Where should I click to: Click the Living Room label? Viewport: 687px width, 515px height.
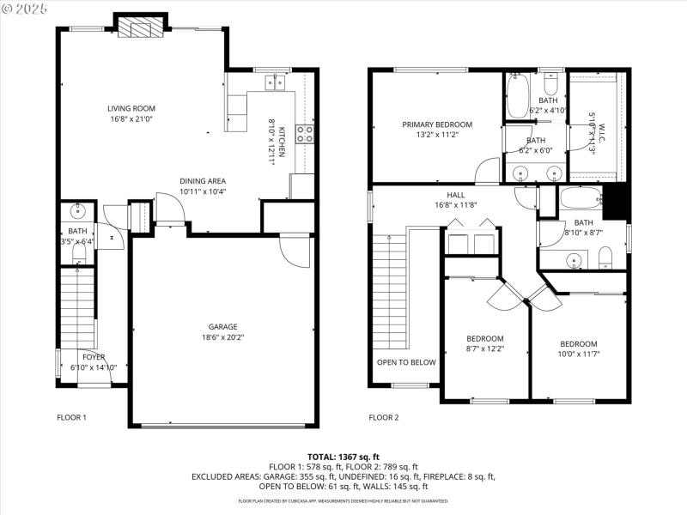coord(131,108)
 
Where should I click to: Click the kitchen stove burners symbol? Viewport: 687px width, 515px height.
coord(305,134)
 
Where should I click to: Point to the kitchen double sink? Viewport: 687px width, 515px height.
coord(275,82)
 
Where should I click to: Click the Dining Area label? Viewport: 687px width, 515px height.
coord(203,181)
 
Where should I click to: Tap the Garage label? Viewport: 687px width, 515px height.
coord(222,326)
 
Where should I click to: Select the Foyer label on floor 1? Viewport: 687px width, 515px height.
coord(94,357)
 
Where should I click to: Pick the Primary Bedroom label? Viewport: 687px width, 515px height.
coord(437,124)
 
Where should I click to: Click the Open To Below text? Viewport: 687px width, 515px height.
coord(406,362)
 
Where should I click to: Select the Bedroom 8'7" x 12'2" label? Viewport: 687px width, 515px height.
coord(485,338)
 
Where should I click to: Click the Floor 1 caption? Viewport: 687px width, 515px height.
coord(72,418)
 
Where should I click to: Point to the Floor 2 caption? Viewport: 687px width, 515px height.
coord(384,418)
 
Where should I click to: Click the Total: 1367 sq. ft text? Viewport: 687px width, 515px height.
coord(343,457)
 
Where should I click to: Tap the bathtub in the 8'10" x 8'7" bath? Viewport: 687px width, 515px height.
coord(582,201)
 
